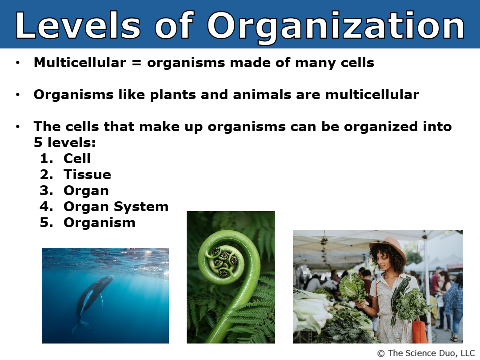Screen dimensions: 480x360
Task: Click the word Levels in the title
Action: [x=78, y=25]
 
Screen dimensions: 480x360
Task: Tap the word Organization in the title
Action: [x=336, y=28]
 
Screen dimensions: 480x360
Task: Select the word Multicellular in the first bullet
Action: [x=80, y=63]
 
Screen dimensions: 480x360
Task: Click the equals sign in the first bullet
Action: [x=136, y=63]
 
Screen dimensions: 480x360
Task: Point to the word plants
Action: [x=173, y=95]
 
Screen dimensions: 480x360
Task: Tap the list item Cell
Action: [x=77, y=158]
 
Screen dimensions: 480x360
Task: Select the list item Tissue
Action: [x=87, y=175]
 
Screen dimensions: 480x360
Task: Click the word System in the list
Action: [x=141, y=207]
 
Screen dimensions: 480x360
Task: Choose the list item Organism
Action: [x=100, y=223]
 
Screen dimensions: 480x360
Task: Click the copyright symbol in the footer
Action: [x=381, y=354]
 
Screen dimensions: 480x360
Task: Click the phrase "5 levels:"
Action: [x=64, y=142]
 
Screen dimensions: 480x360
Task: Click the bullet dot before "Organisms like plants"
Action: [x=18, y=95]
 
